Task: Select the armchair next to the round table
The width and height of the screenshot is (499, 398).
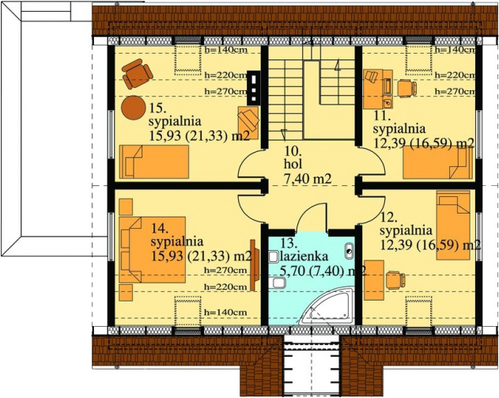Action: pyautogui.click(x=137, y=74)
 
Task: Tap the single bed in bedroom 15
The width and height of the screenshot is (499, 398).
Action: pyautogui.click(x=154, y=162)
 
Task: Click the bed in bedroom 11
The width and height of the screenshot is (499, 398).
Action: pyautogui.click(x=437, y=164)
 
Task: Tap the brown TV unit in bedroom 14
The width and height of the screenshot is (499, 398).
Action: pyautogui.click(x=252, y=265)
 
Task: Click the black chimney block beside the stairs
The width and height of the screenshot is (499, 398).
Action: pyautogui.click(x=253, y=86)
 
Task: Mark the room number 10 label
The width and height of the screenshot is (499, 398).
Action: pyautogui.click(x=290, y=150)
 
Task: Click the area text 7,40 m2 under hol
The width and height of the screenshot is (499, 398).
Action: pyautogui.click(x=307, y=180)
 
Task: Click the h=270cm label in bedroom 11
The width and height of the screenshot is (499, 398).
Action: pyautogui.click(x=456, y=91)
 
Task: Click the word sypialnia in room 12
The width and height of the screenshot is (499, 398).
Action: pyautogui.click(x=406, y=230)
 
